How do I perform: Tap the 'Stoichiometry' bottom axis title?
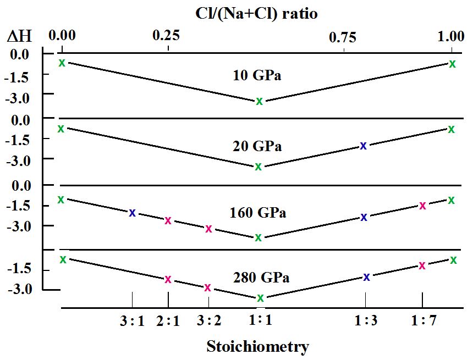(257, 347)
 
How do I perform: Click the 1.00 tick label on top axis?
(450, 36)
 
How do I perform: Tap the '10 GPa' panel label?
(257, 76)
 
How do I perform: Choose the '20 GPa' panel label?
(257, 146)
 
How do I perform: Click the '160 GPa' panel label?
(257, 212)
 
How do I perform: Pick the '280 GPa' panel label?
(257, 277)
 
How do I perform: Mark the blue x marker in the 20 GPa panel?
(363, 146)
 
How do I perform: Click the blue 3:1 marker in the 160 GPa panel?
(132, 213)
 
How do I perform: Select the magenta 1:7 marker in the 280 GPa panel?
(422, 265)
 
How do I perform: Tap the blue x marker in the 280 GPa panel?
(366, 277)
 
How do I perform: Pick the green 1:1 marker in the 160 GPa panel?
(258, 237)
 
